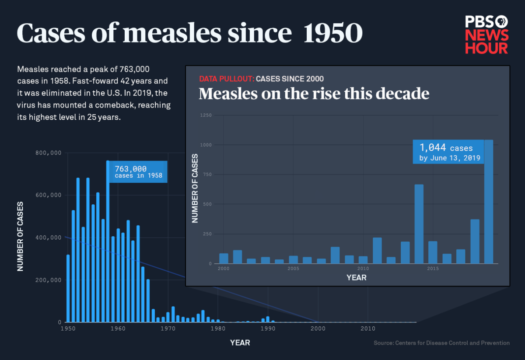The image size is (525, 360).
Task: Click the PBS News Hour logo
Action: (486, 35)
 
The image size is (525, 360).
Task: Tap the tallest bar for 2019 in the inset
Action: (488, 206)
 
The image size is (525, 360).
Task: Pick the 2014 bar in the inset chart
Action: (419, 224)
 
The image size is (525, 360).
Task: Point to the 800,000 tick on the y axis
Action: (48, 153)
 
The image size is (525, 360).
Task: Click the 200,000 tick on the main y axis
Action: (48, 280)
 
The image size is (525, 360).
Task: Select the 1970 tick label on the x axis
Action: (168, 329)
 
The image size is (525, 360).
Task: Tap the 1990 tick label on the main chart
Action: (267, 329)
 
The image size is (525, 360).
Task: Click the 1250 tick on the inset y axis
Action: (205, 115)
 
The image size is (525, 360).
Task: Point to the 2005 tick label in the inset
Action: (293, 269)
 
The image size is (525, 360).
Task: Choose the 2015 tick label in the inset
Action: (433, 269)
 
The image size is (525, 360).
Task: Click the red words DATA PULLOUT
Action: (226, 79)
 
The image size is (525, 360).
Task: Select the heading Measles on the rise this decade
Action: (314, 94)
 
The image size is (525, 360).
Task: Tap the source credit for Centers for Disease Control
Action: (441, 343)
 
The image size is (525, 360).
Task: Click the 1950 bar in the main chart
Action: (68, 288)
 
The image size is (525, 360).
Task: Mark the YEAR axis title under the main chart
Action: (240, 343)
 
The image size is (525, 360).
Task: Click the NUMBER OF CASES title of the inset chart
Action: (195, 189)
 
